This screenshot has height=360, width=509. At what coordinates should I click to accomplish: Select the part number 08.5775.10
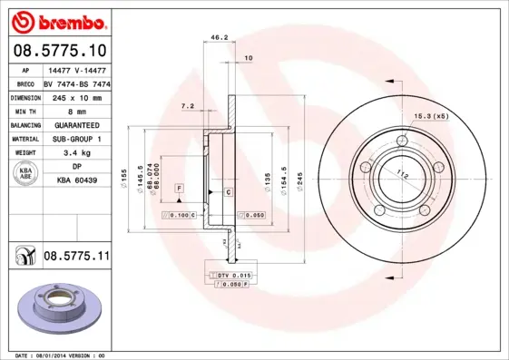coord(58,50)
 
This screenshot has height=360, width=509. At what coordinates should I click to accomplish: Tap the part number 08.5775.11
coord(75,258)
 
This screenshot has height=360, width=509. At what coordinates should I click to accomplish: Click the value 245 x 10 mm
coord(76,96)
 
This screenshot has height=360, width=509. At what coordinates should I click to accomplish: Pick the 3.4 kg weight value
coord(76,153)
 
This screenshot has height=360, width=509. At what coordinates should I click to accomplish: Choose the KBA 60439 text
coord(76,181)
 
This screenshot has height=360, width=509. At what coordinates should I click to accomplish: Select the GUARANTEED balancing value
coord(76,124)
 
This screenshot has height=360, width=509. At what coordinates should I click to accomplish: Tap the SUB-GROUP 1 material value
coord(76,139)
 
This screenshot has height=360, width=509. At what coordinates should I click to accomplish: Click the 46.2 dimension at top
coord(219,38)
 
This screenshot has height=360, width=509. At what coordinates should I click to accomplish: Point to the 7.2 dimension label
coord(188,107)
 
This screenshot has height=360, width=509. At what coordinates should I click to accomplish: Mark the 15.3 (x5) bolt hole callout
coord(431,117)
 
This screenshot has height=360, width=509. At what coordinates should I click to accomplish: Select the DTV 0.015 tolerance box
coord(231,275)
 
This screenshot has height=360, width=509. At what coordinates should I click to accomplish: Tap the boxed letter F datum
coord(180,187)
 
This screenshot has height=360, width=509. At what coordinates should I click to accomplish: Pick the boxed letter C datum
coord(228,193)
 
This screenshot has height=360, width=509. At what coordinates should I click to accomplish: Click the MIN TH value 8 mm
coord(76,111)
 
